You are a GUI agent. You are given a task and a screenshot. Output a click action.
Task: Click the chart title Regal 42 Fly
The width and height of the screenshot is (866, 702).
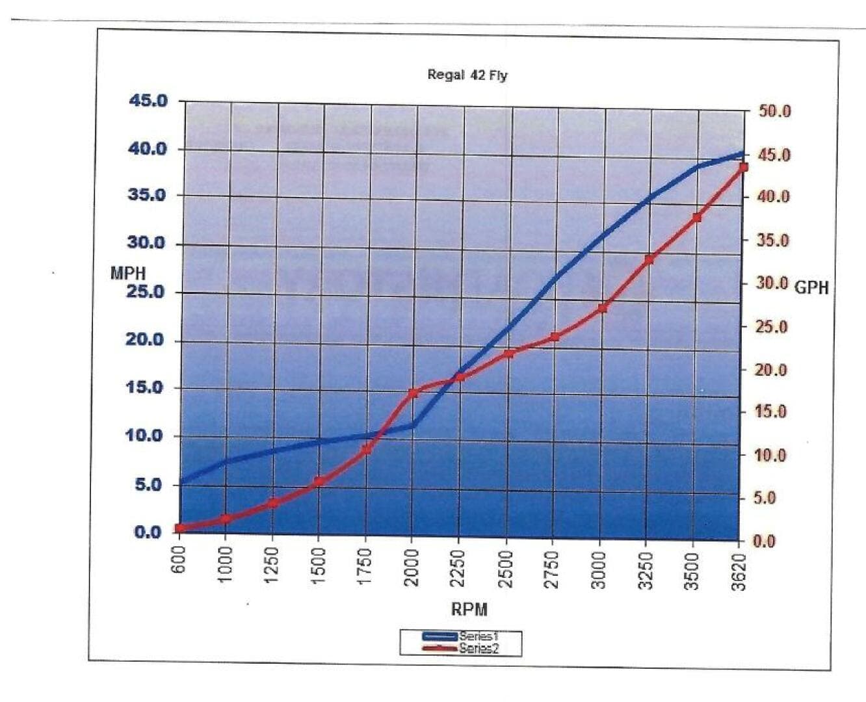pos(467,75)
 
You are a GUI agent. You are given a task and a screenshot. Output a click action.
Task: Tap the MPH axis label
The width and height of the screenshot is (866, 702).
pos(128,274)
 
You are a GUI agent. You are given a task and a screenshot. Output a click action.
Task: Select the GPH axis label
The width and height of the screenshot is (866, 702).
pos(811,287)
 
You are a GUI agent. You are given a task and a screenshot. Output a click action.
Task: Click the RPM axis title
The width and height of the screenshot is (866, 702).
pos(469,609)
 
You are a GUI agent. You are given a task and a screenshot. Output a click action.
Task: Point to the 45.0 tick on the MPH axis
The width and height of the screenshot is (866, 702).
pos(148,101)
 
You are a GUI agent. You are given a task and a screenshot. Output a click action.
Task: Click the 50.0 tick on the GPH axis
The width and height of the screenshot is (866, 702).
pos(774,111)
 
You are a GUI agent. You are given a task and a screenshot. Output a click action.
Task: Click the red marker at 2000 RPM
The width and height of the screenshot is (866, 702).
pos(413,393)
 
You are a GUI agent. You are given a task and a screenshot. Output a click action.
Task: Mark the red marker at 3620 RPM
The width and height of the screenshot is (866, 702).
pos(743,167)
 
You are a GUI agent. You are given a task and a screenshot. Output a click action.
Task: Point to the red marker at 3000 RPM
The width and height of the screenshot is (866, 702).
pos(602,308)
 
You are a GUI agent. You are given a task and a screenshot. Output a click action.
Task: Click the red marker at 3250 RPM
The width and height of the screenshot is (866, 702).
pos(649,259)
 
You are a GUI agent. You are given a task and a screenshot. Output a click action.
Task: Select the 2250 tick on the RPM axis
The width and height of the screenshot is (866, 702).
pos(458,568)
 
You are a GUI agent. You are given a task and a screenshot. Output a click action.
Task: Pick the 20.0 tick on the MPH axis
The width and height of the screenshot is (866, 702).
pos(146,339)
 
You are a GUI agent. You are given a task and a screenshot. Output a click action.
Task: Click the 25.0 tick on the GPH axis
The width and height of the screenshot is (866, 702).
pos(772,326)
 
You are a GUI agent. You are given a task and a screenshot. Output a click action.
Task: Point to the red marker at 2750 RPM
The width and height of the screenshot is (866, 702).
pos(555,337)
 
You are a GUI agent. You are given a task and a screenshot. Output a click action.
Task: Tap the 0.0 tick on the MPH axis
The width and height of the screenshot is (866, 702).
pos(148,532)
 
